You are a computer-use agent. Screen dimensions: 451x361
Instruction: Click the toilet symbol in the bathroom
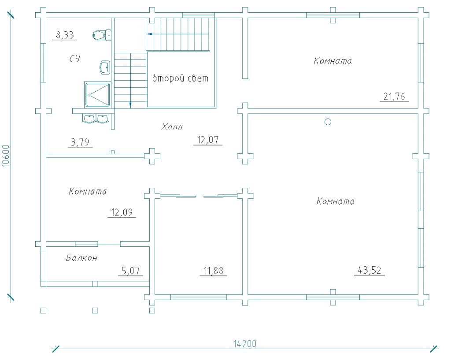click(102, 35)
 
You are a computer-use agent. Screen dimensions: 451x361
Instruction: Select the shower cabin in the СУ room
click(97, 95)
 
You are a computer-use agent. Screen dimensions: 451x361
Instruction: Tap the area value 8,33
click(65, 35)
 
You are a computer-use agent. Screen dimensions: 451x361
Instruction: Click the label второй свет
click(180, 78)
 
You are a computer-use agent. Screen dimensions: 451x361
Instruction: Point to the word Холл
click(172, 127)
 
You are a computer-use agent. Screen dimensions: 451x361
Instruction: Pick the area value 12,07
click(208, 140)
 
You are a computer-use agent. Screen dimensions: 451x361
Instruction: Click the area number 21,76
click(394, 97)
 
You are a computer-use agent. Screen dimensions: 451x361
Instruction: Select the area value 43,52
click(370, 270)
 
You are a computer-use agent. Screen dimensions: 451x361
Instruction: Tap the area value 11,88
click(214, 271)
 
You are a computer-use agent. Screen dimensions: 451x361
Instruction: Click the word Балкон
click(82, 257)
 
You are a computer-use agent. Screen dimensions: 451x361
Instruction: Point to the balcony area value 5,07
click(130, 271)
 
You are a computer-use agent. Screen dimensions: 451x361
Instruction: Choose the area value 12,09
click(122, 212)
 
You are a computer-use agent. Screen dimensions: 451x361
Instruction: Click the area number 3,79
click(80, 142)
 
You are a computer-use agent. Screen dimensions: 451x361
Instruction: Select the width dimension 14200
click(244, 344)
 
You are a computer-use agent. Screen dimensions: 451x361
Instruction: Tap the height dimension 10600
click(6, 156)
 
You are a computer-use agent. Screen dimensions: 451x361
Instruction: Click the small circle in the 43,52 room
click(328, 122)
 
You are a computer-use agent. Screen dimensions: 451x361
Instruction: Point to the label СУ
click(75, 59)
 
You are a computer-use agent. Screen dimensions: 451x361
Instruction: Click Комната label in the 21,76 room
click(333, 61)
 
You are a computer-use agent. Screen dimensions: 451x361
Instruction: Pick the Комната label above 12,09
click(88, 191)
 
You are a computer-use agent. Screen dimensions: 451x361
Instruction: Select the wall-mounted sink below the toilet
click(105, 67)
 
